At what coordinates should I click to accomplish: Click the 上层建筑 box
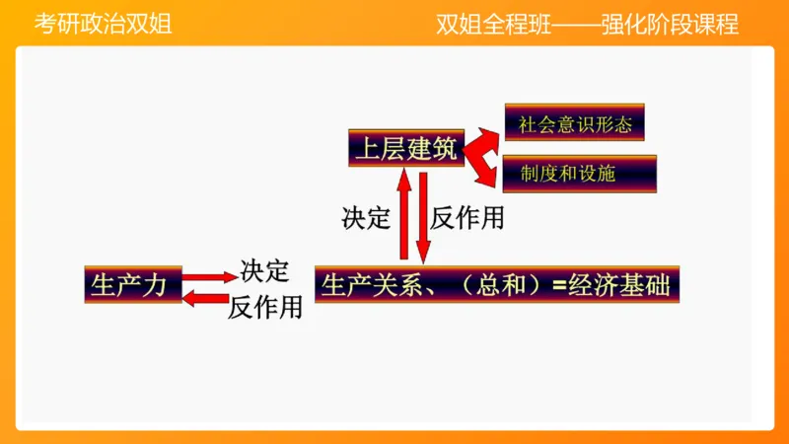(405, 148)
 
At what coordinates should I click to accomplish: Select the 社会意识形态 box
(574, 123)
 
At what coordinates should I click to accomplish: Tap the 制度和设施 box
(579, 174)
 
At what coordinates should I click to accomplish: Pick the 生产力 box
(132, 285)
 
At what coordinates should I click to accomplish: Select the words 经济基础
(623, 285)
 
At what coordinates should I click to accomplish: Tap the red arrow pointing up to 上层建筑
(403, 216)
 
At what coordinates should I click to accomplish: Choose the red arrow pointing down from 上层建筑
(422, 216)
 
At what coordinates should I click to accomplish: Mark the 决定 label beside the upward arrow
(366, 218)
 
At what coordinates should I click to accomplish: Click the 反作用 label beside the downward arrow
(467, 218)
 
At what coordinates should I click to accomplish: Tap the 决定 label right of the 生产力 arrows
(264, 269)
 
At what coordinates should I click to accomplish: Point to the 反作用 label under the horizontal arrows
(264, 308)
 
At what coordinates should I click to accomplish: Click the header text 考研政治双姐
(103, 25)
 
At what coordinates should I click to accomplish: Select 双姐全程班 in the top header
(480, 25)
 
